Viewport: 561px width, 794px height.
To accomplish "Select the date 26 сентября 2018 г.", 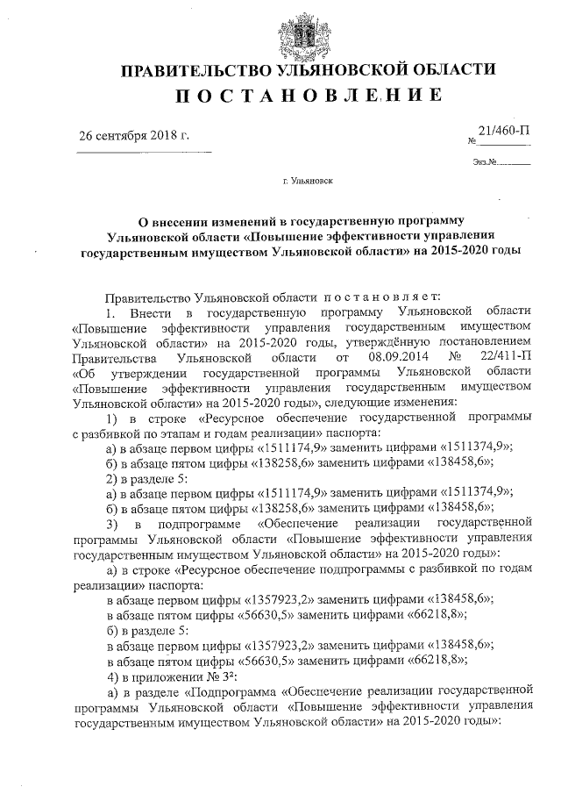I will tap(134, 137).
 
